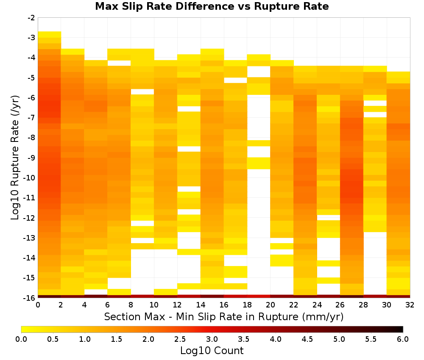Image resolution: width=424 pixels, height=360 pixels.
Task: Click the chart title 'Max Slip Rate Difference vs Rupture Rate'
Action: (212, 6)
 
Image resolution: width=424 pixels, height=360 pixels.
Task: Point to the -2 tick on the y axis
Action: (31, 18)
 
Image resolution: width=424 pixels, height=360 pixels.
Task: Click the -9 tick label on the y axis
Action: (31, 158)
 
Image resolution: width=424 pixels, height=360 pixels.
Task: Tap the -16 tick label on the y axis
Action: (30, 298)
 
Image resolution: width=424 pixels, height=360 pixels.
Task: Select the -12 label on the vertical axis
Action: (30, 218)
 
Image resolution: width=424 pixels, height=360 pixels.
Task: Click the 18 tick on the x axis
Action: (247, 305)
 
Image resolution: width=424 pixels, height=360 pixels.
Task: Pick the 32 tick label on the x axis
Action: (410, 305)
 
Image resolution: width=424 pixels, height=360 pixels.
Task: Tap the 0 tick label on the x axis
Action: (38, 305)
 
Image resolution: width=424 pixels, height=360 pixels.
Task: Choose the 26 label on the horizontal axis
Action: (340, 305)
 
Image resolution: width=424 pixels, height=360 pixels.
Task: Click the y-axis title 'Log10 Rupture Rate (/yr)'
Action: (15, 158)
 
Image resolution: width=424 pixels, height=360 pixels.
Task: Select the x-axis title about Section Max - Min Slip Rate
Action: (224, 316)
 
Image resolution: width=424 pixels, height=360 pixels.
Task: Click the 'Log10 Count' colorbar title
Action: (212, 351)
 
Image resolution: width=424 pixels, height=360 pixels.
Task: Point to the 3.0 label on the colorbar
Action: (212, 339)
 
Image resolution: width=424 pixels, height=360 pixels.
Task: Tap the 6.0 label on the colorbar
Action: (403, 339)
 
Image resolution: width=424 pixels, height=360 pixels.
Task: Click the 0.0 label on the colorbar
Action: (21, 339)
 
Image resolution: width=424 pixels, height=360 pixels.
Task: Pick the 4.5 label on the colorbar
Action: (307, 339)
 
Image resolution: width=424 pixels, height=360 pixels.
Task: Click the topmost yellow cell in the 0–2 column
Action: (50, 35)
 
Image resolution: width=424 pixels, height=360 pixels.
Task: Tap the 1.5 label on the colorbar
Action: (116, 339)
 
